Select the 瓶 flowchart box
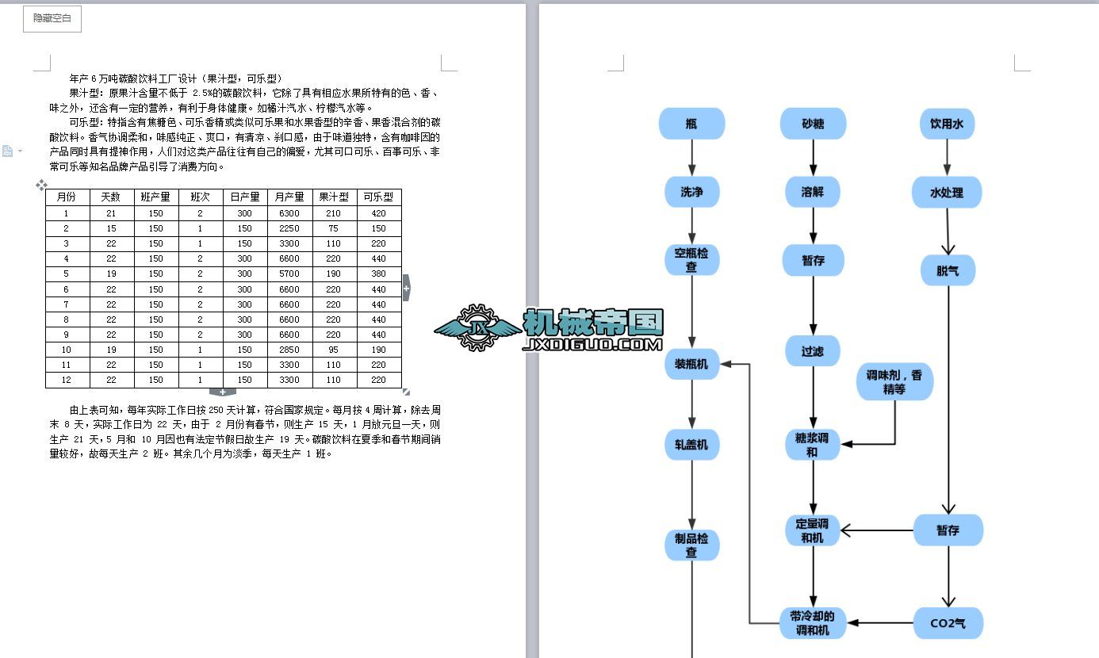691,124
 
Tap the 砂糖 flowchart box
813,124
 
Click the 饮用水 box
947,124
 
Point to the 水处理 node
947,193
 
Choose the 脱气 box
948,271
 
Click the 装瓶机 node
691,364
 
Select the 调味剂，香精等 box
894,382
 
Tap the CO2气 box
948,623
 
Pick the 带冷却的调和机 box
813,623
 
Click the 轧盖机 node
691,445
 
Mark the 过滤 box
813,350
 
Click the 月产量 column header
289,197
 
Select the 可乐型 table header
378,197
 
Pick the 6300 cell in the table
289,213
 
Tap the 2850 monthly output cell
289,350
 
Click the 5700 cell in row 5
289,274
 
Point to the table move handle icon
41,185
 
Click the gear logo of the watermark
477,327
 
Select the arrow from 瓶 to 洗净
691,158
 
